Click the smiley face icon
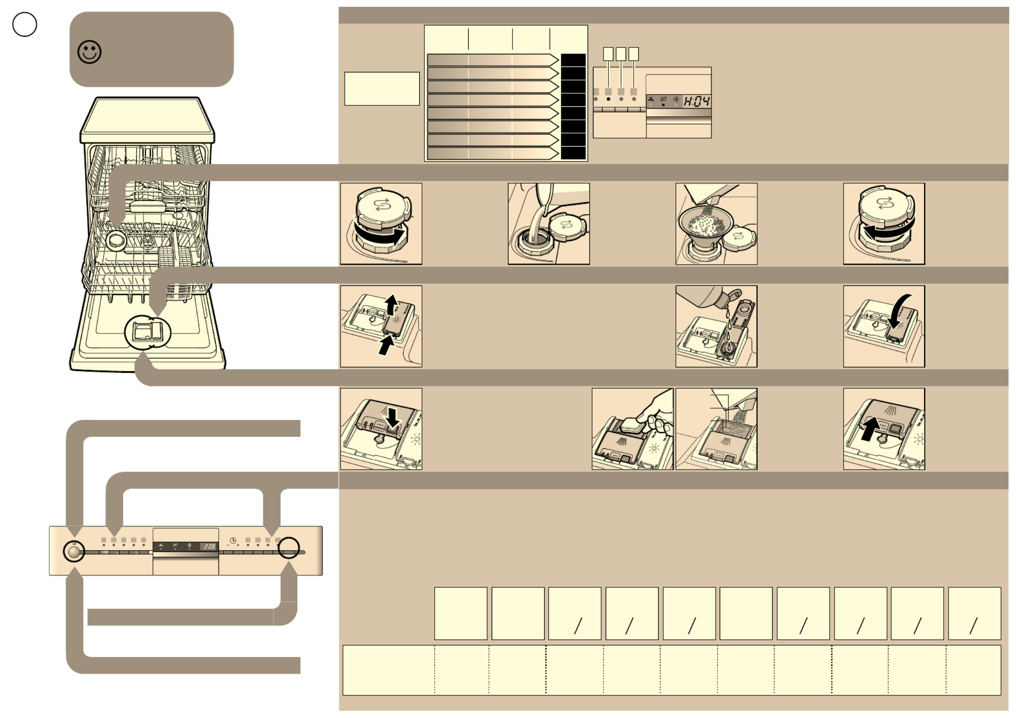pos(90,52)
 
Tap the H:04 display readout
pos(696,101)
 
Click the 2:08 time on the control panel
pos(209,547)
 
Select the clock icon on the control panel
pos(233,541)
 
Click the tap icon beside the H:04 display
pos(650,99)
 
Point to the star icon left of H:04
pos(676,99)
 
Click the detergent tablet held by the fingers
pos(633,425)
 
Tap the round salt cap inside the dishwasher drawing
pos(116,240)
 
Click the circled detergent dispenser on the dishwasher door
pos(148,333)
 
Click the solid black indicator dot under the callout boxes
pos(608,99)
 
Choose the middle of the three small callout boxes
pos(621,54)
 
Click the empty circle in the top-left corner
pos(24,24)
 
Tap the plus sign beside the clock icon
pos(238,545)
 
